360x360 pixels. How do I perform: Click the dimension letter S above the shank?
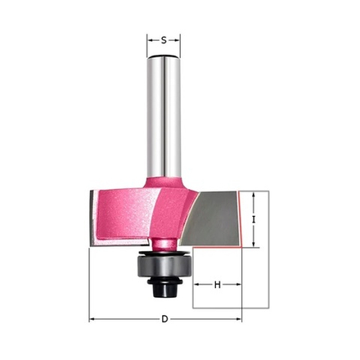click(164, 40)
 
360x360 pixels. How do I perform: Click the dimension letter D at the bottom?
click(164, 319)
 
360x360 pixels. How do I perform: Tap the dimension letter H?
click(218, 285)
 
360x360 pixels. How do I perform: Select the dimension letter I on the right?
click(254, 219)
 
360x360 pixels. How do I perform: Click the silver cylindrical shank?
click(164, 117)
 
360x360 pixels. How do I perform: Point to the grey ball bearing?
click(164, 267)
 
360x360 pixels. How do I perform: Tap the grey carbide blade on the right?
click(212, 218)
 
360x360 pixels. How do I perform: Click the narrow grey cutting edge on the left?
click(92, 218)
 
